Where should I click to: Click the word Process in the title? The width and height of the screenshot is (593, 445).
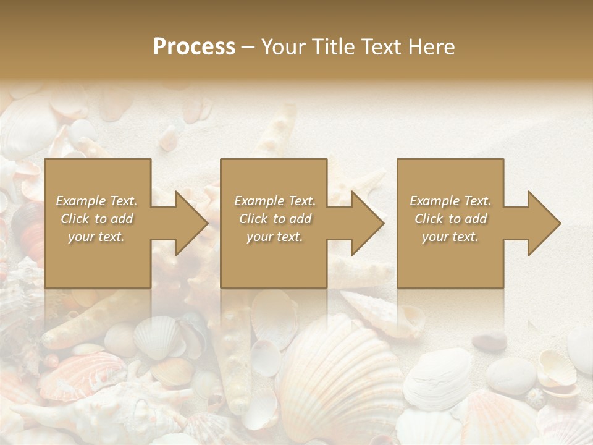[194, 47]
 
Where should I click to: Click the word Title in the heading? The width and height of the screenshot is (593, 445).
[334, 47]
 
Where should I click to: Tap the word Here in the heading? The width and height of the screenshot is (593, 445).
[432, 47]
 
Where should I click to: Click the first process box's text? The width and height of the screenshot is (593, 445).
[97, 219]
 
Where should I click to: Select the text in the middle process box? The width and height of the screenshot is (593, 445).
[274, 219]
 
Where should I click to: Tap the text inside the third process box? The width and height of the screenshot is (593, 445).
[450, 219]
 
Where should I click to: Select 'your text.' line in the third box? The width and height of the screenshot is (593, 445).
[450, 237]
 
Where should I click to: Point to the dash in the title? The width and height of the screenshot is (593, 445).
[248, 47]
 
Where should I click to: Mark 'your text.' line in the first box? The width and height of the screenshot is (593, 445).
[97, 237]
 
